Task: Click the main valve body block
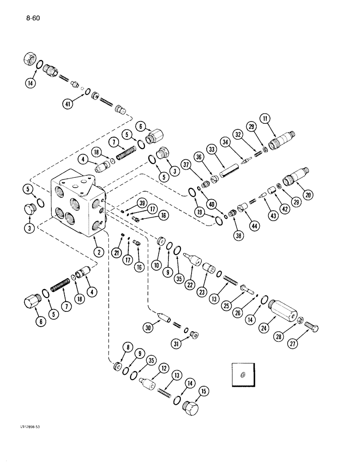point(78,203)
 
